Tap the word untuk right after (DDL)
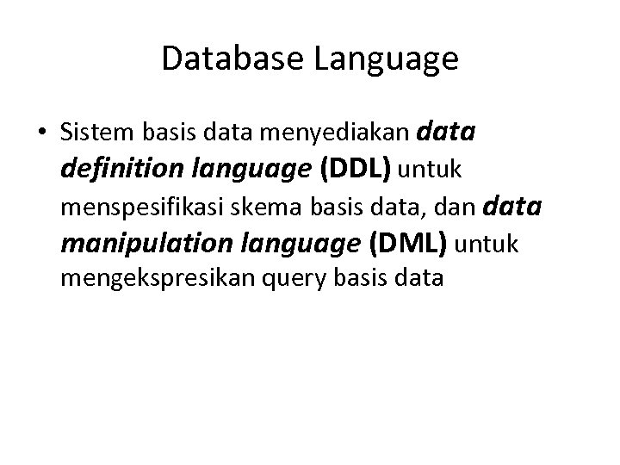[430, 171]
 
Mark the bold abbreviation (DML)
[407, 245]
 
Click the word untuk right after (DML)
[487, 245]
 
